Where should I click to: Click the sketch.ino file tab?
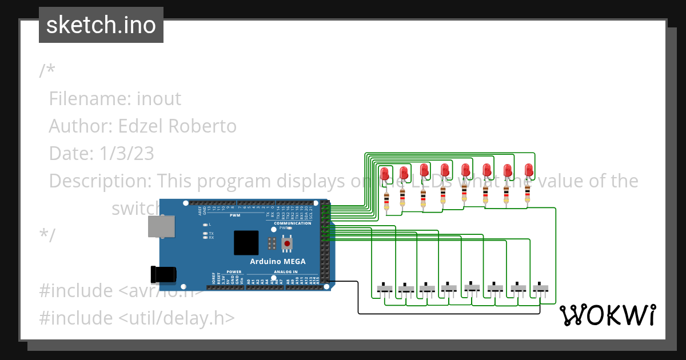[x=101, y=25]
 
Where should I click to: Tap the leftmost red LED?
[x=384, y=173]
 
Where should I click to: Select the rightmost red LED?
[x=529, y=170]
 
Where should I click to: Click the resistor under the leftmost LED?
[x=386, y=200]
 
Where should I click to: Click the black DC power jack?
[x=162, y=274]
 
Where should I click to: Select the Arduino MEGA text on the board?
[x=277, y=262]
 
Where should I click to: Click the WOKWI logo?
[x=607, y=315]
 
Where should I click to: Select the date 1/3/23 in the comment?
[x=125, y=153]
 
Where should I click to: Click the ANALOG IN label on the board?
[x=286, y=272]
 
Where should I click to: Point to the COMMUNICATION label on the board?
[x=292, y=223]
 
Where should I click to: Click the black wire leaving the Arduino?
[x=358, y=297]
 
